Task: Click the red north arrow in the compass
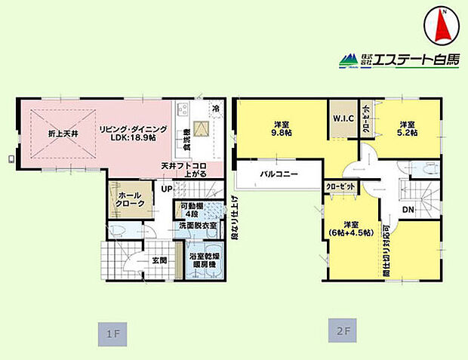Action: point(443,27)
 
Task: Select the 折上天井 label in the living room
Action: point(63,135)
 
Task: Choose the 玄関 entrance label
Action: point(159,260)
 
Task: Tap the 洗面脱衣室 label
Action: point(197,226)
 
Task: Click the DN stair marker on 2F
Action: point(407,210)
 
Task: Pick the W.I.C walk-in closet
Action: point(340,119)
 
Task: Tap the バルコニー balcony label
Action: point(279,174)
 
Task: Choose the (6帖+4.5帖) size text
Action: point(351,232)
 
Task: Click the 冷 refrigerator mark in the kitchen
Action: point(216,107)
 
